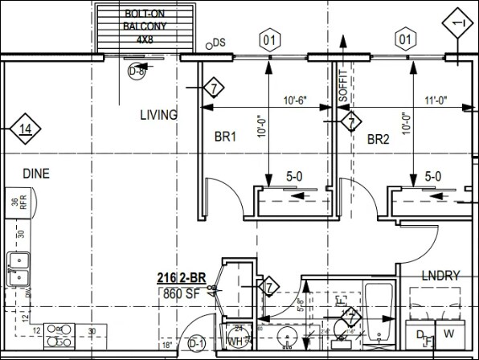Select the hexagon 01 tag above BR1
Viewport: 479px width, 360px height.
(x=270, y=38)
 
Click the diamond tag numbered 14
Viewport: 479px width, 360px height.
(x=26, y=129)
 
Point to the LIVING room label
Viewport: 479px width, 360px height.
(x=158, y=115)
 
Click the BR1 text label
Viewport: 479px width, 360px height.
(x=224, y=137)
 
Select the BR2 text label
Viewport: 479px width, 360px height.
(x=378, y=138)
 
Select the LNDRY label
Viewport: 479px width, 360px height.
(x=440, y=276)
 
